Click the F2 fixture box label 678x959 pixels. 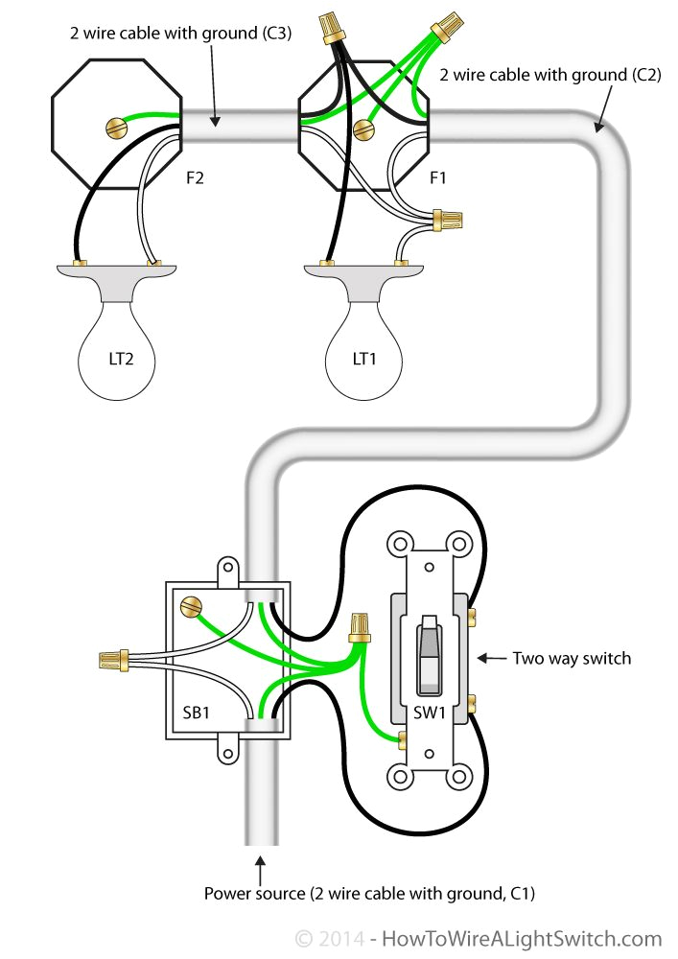click(195, 178)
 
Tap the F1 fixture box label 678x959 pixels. click(436, 178)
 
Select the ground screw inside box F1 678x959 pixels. click(362, 129)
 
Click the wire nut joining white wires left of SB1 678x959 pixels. click(114, 659)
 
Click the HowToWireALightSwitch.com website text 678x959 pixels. click(523, 938)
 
